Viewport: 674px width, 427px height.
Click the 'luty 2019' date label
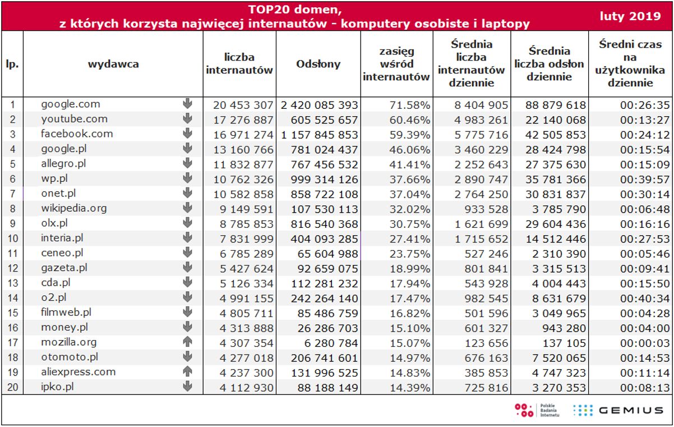630,16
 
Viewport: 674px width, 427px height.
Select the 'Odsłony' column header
318,64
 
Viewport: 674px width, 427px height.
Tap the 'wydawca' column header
113,64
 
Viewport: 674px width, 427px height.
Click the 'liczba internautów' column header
239,64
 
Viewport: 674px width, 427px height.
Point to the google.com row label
71,104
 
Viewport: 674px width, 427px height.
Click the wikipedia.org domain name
73,208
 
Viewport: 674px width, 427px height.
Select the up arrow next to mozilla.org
187,342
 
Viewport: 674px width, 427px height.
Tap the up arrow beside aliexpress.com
187,371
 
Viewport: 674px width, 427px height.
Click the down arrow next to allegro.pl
187,163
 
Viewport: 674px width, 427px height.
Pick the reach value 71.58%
412,105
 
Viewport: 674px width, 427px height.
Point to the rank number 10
12,238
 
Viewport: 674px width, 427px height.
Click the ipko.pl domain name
57,387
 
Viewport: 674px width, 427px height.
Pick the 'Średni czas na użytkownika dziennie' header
630,63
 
